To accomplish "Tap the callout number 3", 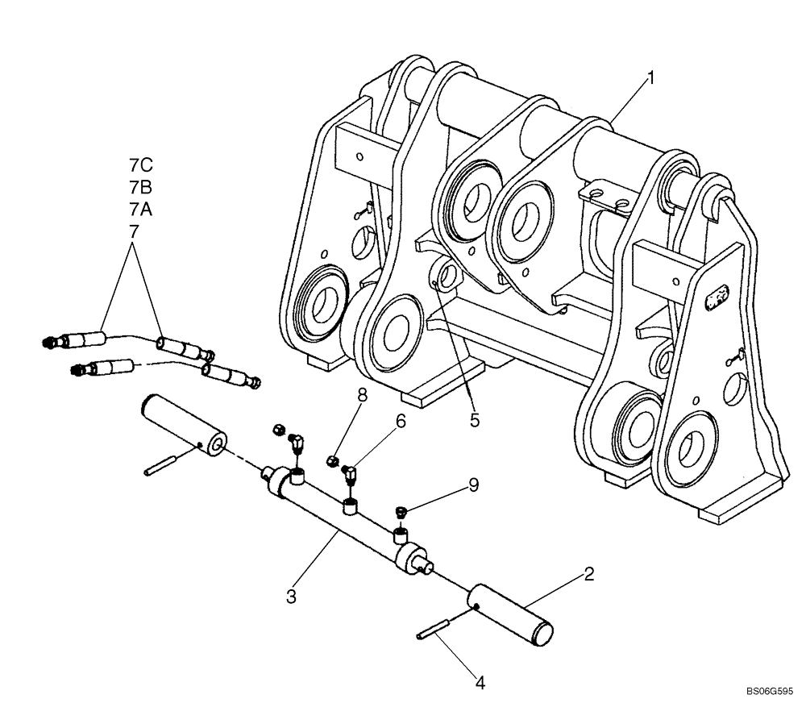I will pos(292,597).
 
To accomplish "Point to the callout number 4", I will pos(480,683).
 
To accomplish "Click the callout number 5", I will pos(475,419).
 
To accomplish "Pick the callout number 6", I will pos(401,421).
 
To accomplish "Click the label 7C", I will pos(141,166).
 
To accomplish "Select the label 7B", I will pos(141,188).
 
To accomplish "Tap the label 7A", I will pos(141,210).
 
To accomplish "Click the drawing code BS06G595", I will pos(770,692).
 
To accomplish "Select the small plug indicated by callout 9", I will pos(401,512).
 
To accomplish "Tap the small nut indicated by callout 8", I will pos(331,462).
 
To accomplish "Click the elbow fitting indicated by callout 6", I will pos(350,473).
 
